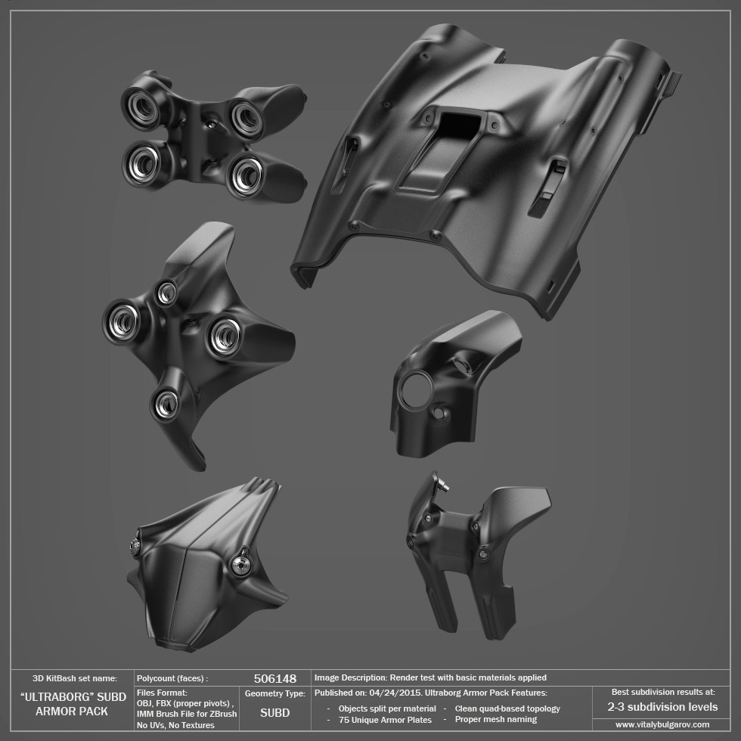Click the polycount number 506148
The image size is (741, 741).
275,679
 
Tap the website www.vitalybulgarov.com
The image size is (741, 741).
662,724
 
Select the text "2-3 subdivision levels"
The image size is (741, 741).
662,707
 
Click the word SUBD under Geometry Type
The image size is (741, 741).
275,712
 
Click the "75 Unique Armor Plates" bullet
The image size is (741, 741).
385,720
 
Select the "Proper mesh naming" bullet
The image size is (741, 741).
496,719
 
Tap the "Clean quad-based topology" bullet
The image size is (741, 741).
507,708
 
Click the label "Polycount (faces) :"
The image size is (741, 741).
172,678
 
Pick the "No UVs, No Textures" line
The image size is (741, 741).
175,725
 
